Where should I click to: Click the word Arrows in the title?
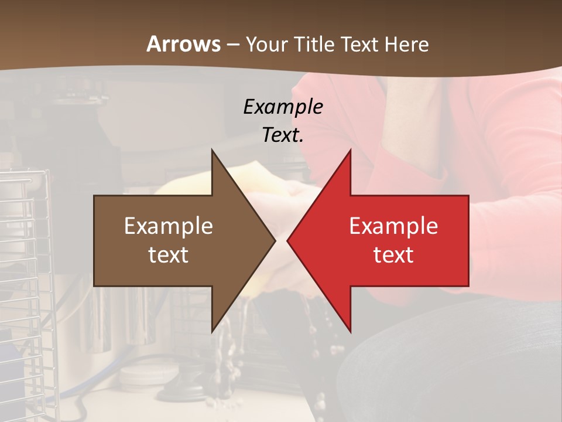pyautogui.click(x=184, y=45)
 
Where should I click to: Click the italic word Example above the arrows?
pyautogui.click(x=283, y=107)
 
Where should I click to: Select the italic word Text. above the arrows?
pyautogui.click(x=283, y=135)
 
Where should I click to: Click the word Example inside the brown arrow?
pyautogui.click(x=169, y=226)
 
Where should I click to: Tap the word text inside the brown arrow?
pyautogui.click(x=169, y=255)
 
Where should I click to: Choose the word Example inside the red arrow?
pyautogui.click(x=393, y=226)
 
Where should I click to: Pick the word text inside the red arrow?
pyautogui.click(x=393, y=255)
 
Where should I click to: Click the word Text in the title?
pyautogui.click(x=359, y=45)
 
